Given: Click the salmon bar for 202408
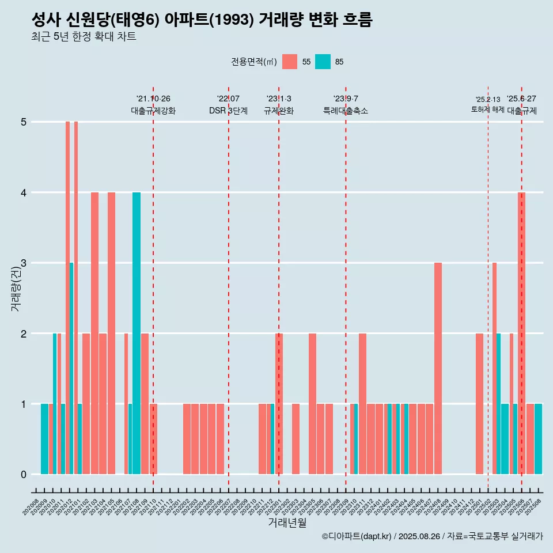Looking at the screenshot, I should (x=438, y=369).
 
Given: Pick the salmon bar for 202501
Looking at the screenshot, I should (x=480, y=403).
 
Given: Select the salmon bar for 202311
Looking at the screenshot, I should (x=362, y=403).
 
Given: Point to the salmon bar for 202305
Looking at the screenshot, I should (x=312, y=403).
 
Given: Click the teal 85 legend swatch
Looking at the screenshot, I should (x=323, y=62).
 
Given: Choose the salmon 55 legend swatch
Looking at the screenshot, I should (x=290, y=62).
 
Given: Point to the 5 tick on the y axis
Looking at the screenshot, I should (x=24, y=122).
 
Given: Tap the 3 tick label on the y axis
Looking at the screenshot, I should (x=24, y=263).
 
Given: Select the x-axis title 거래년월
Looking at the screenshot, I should (x=287, y=523).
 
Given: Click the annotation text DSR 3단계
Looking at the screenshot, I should (x=228, y=111).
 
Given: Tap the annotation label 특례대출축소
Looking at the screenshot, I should (x=346, y=111).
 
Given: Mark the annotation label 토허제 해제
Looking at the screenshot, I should (x=487, y=109).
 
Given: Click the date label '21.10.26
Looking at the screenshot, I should (x=153, y=99).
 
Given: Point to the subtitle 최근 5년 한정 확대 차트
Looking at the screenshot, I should (x=84, y=37).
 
